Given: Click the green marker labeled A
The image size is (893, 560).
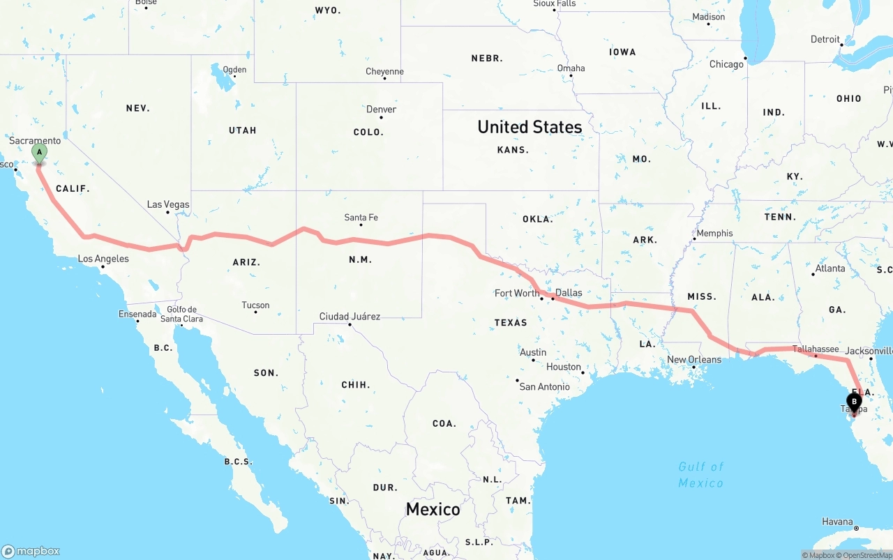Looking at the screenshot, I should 39,153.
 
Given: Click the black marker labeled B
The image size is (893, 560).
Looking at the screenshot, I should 853,402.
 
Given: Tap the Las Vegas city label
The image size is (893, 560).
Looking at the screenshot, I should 168,204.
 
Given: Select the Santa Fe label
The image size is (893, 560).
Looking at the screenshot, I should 361,218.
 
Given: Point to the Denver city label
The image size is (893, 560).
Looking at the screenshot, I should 381,109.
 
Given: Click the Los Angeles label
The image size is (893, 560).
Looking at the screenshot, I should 103,259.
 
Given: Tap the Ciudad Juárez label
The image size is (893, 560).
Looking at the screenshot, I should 350,317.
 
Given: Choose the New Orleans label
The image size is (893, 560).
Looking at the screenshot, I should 694,360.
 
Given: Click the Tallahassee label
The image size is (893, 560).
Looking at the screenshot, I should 816,349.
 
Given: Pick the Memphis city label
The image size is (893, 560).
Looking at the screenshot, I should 714,233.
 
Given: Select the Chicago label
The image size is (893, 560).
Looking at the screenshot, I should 726,64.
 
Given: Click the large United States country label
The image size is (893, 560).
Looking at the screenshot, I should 530,127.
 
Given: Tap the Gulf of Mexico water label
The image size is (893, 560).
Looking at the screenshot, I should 700,474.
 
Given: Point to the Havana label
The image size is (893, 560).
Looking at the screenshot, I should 837,522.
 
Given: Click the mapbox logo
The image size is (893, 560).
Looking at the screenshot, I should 31,551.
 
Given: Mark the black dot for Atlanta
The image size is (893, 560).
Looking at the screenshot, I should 813,274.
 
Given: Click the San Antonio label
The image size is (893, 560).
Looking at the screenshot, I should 544,386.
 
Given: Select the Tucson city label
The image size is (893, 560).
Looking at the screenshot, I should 255,305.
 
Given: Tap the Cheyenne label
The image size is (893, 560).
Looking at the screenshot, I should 384,71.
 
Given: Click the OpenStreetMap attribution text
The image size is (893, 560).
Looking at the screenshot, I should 867,555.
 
